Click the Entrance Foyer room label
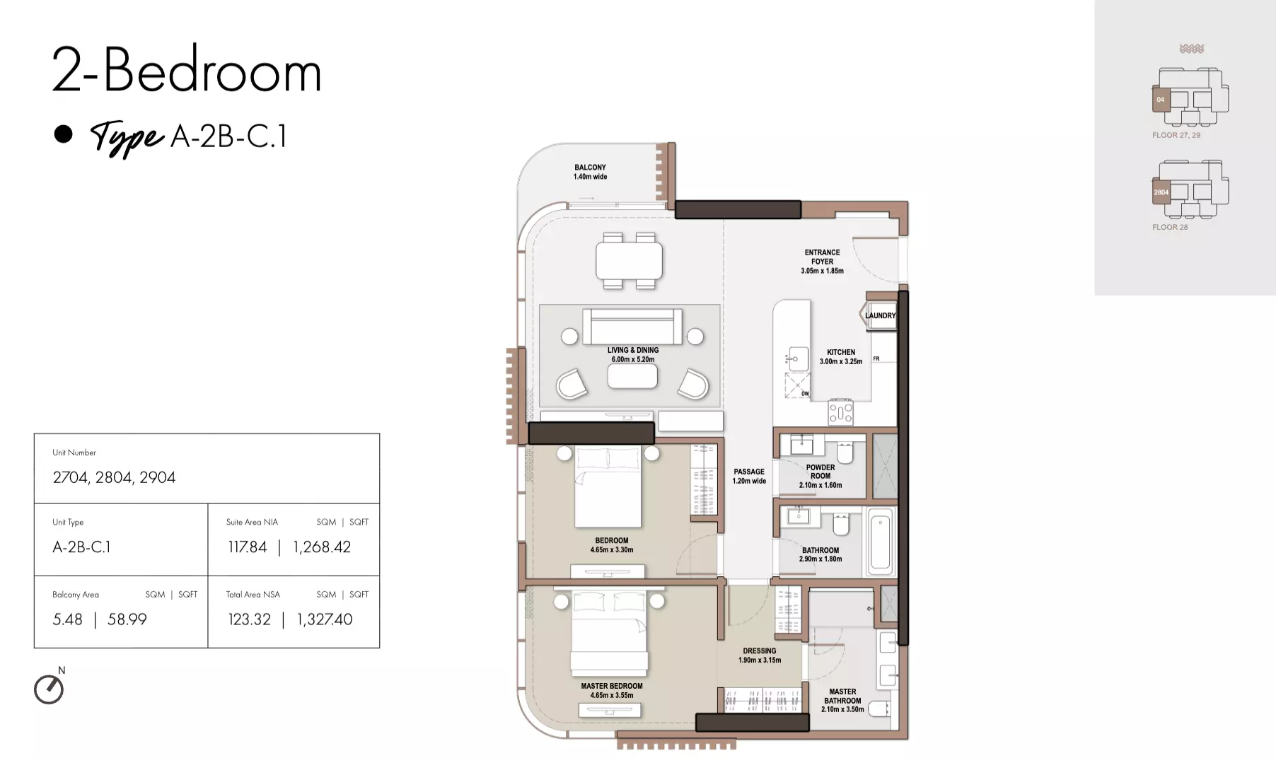tap(822, 262)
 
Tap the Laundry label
tap(880, 315)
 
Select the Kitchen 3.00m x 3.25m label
tap(841, 356)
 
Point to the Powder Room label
tap(820, 476)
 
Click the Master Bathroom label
tap(842, 700)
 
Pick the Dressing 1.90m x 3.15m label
tap(760, 655)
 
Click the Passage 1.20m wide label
tap(749, 476)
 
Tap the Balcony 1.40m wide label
tap(590, 172)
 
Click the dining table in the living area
tap(630, 260)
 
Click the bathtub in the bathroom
tap(881, 542)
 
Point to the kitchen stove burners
tap(841, 412)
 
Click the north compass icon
tap(49, 689)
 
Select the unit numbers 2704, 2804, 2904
tap(114, 477)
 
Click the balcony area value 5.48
tap(67, 619)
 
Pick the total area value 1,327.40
tap(325, 619)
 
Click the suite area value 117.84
tap(248, 547)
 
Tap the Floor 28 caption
tap(1170, 227)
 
